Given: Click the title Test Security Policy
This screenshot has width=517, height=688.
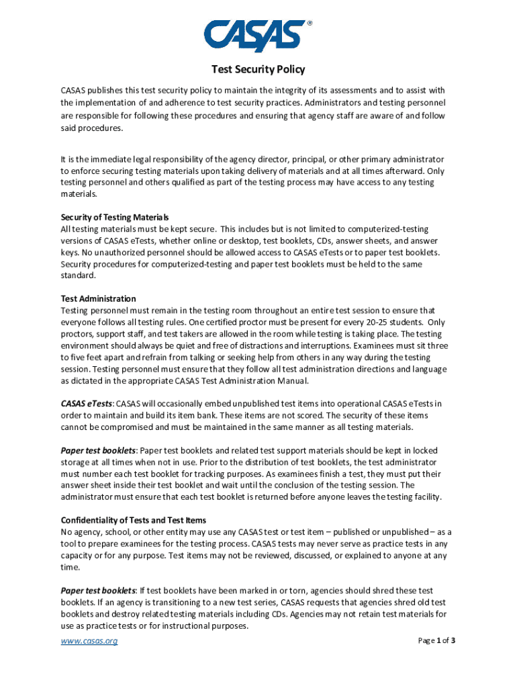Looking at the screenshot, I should [258, 69].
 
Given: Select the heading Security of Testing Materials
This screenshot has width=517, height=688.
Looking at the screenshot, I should [115, 217].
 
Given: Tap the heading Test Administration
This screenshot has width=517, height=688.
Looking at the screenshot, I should [99, 298].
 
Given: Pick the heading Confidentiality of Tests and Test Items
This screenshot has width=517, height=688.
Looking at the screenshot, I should [134, 520].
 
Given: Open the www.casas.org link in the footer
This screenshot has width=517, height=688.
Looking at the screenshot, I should [89, 641].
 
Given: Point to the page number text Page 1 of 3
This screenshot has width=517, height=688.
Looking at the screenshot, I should [436, 641].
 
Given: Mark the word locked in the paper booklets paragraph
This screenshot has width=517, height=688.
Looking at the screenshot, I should [424, 450].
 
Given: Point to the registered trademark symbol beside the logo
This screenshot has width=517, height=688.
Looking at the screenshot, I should [310, 23].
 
